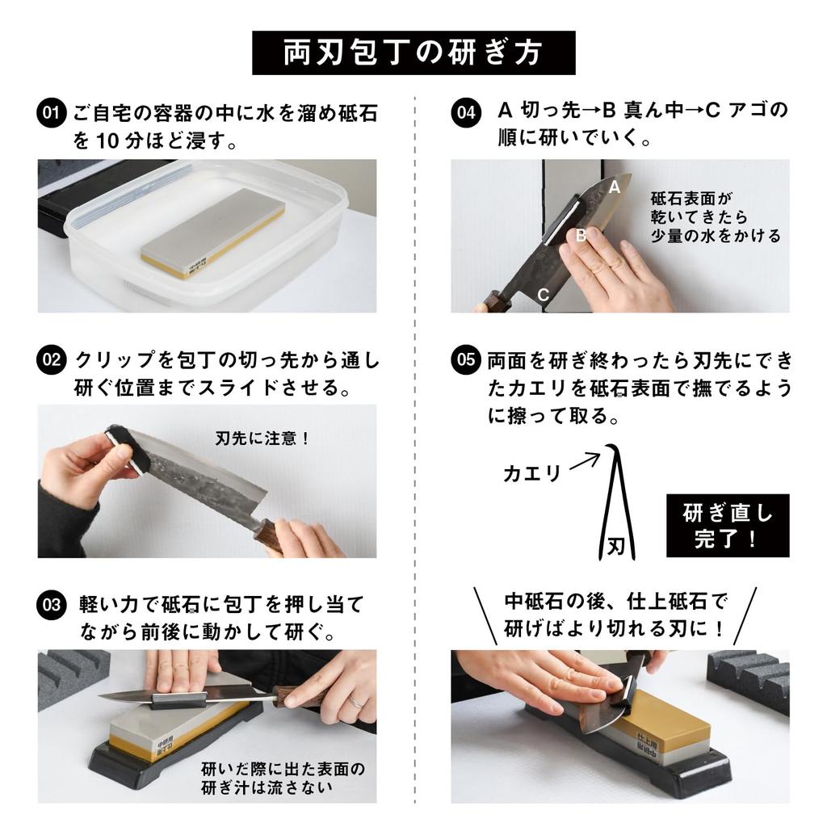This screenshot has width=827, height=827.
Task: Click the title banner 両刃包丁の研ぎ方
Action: (x=413, y=52)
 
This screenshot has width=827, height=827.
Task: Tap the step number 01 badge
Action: (x=50, y=112)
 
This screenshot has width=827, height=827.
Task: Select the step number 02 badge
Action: (x=50, y=359)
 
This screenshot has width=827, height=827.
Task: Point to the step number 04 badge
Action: (x=464, y=112)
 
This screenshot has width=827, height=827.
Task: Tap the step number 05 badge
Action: (x=466, y=359)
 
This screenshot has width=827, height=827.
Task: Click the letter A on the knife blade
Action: (x=614, y=187)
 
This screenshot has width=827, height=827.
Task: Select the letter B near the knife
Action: (x=580, y=236)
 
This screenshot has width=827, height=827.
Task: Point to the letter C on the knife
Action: (x=544, y=295)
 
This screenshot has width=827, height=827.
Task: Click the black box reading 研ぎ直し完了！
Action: (x=728, y=526)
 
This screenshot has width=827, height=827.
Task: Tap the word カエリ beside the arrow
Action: (x=531, y=474)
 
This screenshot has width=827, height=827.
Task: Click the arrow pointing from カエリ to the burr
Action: (x=585, y=462)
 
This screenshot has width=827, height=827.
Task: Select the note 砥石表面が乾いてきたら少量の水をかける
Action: (x=716, y=216)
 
